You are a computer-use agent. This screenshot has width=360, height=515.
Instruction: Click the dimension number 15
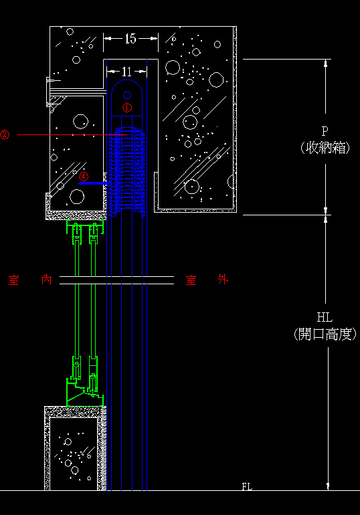tap(130, 39)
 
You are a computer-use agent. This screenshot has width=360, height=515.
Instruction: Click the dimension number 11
tap(126, 72)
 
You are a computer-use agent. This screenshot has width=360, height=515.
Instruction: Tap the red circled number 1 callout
tap(127, 107)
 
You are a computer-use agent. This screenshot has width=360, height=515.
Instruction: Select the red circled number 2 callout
tap(5, 134)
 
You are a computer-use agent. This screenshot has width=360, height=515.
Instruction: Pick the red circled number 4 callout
tap(84, 177)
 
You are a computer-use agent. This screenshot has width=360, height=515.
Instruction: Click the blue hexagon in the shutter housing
tap(127, 95)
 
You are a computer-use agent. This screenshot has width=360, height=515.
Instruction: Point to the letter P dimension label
tap(325, 131)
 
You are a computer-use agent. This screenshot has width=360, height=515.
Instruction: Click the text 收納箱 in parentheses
tap(325, 148)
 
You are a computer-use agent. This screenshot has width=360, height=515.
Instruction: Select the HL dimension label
tap(325, 317)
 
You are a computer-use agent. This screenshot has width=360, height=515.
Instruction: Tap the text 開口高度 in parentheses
tap(325, 334)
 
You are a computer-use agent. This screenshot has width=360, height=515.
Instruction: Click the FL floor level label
tap(247, 486)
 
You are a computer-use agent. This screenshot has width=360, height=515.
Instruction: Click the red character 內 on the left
tap(47, 280)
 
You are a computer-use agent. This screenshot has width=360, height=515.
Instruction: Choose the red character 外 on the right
tap(223, 280)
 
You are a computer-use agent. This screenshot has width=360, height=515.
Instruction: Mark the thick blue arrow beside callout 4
tap(93, 183)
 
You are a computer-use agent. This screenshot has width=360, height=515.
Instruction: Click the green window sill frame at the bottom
tap(85, 393)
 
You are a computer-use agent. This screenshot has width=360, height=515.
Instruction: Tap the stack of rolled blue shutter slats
tap(126, 171)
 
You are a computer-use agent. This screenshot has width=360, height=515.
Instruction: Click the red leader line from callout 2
tap(72, 134)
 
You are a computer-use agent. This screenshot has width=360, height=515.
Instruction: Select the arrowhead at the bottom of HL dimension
tap(328, 486)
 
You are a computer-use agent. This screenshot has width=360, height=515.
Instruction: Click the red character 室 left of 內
tap(13, 280)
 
